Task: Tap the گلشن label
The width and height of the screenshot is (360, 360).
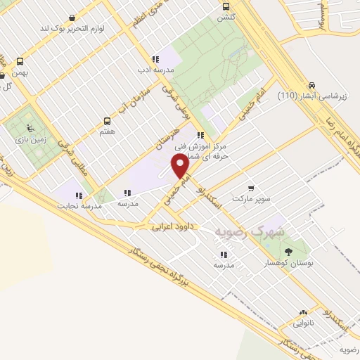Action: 225,15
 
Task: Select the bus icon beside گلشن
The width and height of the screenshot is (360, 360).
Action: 225,4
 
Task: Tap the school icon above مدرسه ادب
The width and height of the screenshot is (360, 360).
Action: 155,59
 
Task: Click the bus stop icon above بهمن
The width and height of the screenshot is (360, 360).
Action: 19,61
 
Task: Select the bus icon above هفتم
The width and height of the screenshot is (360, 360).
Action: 108,120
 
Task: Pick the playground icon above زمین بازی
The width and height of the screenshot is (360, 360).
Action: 29,128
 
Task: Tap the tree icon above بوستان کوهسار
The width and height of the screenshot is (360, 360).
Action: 288,250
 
